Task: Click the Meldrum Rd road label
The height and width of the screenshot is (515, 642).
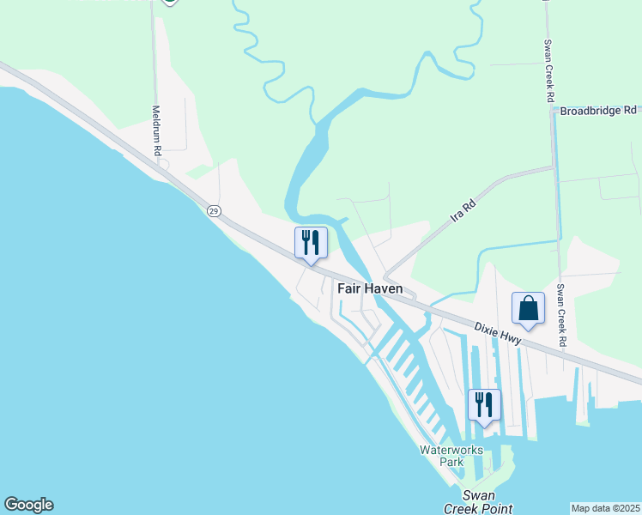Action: pos(156,130)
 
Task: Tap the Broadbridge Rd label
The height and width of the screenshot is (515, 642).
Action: pos(598,111)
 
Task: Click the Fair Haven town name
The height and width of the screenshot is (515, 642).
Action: pos(370,288)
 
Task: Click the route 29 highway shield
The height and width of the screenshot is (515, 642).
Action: pos(214,210)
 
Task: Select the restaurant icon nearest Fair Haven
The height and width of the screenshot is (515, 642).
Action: pos(311,242)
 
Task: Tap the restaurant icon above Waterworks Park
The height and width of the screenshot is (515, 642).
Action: pos(484,404)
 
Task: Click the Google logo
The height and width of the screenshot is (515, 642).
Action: pos(28,505)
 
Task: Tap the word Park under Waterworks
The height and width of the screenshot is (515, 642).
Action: pos(451,462)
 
